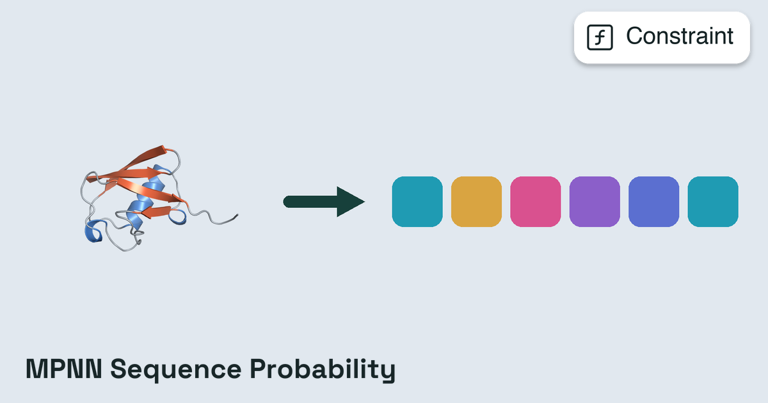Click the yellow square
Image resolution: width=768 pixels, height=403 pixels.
[x=476, y=201]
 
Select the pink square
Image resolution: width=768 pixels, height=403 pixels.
[x=536, y=201]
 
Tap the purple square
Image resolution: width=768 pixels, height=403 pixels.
[x=595, y=201]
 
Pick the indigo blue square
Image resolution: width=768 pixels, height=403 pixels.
[x=654, y=201]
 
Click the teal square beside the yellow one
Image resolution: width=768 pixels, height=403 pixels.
[x=417, y=201]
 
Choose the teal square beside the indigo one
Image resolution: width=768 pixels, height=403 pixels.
[x=713, y=201]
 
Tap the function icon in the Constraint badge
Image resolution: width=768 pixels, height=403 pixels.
[x=600, y=37]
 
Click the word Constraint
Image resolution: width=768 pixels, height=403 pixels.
[x=680, y=36]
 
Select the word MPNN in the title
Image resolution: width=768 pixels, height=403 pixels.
[x=64, y=369]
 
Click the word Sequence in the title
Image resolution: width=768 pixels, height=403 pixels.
[x=176, y=370]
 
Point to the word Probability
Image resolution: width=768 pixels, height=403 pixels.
[x=323, y=370]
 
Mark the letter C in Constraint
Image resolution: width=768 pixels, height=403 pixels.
[x=636, y=36]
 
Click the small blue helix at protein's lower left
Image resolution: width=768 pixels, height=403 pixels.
[x=94, y=232]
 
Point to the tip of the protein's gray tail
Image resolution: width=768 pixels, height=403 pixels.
[x=237, y=215]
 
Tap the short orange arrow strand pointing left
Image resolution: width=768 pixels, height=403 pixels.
[x=156, y=212]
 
